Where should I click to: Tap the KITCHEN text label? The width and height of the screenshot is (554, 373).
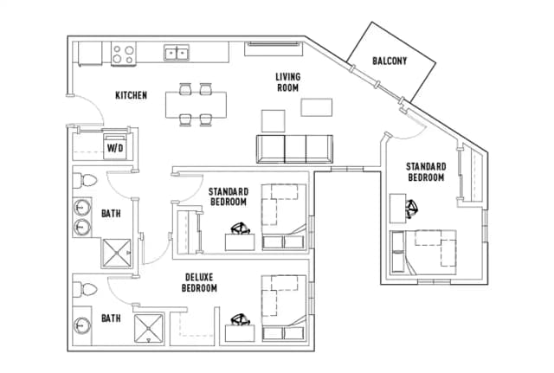(x=131, y=95)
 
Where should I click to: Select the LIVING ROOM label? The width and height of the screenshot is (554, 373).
(x=287, y=82)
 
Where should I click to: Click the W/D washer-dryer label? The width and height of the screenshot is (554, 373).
(x=114, y=148)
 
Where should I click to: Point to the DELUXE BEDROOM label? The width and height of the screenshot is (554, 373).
(x=199, y=283)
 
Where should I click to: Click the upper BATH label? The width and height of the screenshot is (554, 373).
(x=111, y=213)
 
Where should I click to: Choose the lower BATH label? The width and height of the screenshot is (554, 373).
(x=111, y=318)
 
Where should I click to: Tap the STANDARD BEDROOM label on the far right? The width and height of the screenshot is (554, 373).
(x=426, y=171)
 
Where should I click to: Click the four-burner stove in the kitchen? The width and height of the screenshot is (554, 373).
(x=123, y=55)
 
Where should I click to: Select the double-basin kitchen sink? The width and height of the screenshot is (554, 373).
(x=177, y=55)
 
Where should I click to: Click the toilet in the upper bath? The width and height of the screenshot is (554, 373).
(x=86, y=181)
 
